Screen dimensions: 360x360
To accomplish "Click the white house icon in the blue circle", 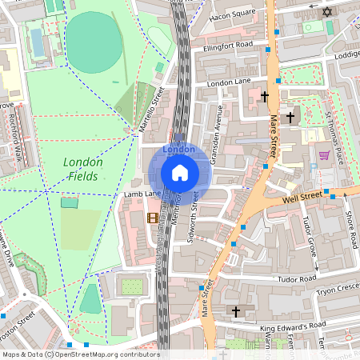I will pyautogui.click(x=180, y=172).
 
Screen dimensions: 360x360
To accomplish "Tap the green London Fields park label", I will pyautogui.click(x=82, y=169).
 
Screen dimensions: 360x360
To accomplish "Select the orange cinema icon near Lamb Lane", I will pyautogui.click(x=152, y=217).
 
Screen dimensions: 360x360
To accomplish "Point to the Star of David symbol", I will pyautogui.click(x=326, y=11).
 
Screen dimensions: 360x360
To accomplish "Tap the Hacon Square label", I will pyautogui.click(x=232, y=14).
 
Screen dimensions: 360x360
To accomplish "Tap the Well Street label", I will pyautogui.click(x=302, y=194).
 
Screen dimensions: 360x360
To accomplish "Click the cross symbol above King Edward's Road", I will pyautogui.click(x=235, y=310).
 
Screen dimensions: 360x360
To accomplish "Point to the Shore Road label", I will pyautogui.click(x=349, y=230).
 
